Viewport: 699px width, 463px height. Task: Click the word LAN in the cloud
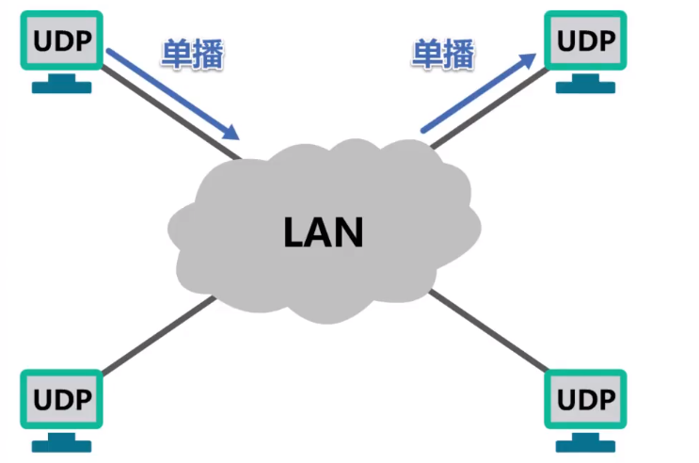323,231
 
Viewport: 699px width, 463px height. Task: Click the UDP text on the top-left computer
62,41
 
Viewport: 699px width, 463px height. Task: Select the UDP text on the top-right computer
585,41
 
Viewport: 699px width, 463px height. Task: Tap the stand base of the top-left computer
62,88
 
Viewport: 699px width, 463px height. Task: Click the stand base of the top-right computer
585,88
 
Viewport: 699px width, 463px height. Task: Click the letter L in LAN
294,231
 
